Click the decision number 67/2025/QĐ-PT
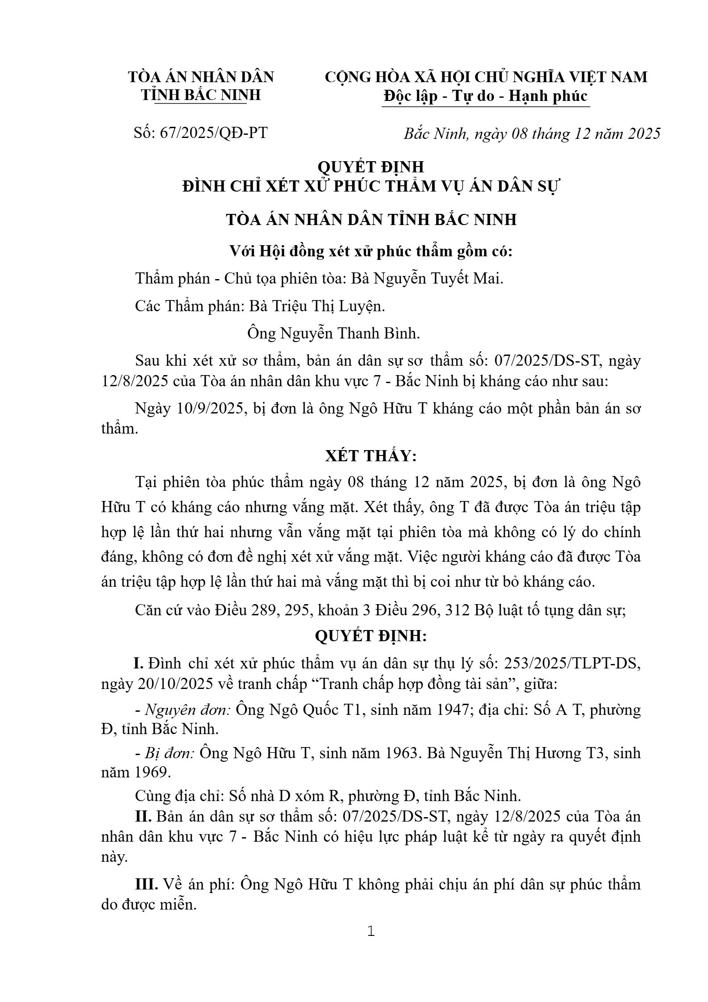(214, 133)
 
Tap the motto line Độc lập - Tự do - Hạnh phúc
(486, 96)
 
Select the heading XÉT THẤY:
(371, 456)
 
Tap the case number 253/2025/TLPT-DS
(572, 664)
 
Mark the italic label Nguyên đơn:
(187, 710)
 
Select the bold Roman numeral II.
(144, 817)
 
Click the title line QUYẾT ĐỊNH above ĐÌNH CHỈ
(371, 167)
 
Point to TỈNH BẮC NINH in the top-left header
(201, 95)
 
